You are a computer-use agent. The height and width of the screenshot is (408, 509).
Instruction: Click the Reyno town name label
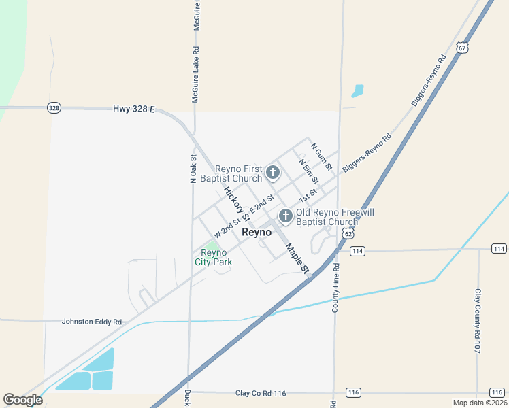tap(257, 232)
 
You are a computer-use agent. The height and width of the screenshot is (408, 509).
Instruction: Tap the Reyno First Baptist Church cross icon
tap(272, 173)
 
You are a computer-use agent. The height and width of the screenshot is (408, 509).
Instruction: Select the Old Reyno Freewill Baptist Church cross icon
tap(286, 217)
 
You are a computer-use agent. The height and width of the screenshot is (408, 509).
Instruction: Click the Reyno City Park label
tap(213, 257)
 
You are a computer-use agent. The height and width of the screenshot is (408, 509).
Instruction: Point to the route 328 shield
tap(54, 108)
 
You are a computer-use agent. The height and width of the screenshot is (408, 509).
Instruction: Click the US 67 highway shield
tap(463, 48)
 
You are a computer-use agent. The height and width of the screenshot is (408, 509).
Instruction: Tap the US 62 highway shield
tap(348, 233)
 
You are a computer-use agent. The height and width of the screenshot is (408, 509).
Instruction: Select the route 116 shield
tap(352, 393)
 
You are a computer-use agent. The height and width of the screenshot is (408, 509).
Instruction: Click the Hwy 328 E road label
tap(134, 109)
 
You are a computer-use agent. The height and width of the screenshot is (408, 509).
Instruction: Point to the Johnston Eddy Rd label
tap(91, 322)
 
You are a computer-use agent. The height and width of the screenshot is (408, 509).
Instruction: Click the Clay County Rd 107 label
tap(478, 321)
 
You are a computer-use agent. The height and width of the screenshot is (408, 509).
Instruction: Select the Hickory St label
tap(237, 203)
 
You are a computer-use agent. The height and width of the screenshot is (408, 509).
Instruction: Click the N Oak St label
tap(193, 167)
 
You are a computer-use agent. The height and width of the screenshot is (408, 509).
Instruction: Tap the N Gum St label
tap(321, 156)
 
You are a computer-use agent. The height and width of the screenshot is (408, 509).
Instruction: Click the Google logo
tap(22, 400)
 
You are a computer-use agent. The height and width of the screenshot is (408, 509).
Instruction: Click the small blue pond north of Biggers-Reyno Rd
tap(357, 90)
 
